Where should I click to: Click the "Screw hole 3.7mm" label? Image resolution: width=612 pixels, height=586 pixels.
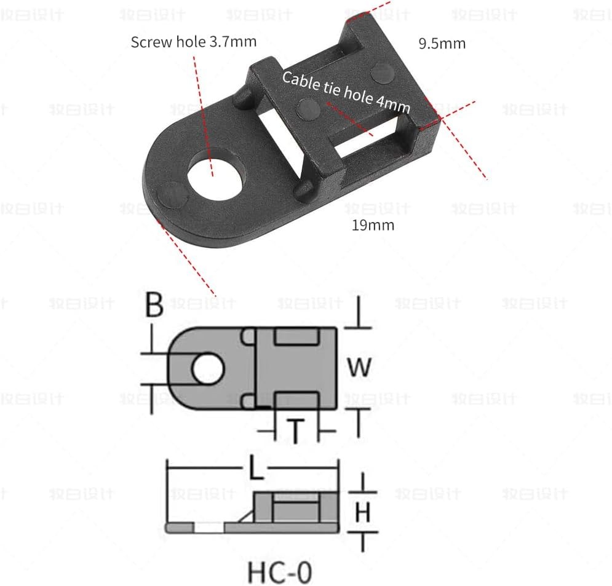coord(194,42)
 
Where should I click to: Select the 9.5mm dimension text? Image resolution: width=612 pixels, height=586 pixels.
coord(442,44)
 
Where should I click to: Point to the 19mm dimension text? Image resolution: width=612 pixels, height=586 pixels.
coord(373,225)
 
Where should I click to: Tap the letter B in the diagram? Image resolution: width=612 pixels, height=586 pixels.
coord(154,306)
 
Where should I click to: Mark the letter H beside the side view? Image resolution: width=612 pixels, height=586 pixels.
coord(364,512)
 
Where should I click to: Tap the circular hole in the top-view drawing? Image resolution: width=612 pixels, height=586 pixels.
coord(209,368)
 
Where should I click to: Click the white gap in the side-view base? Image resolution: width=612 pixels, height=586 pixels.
coord(209,528)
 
